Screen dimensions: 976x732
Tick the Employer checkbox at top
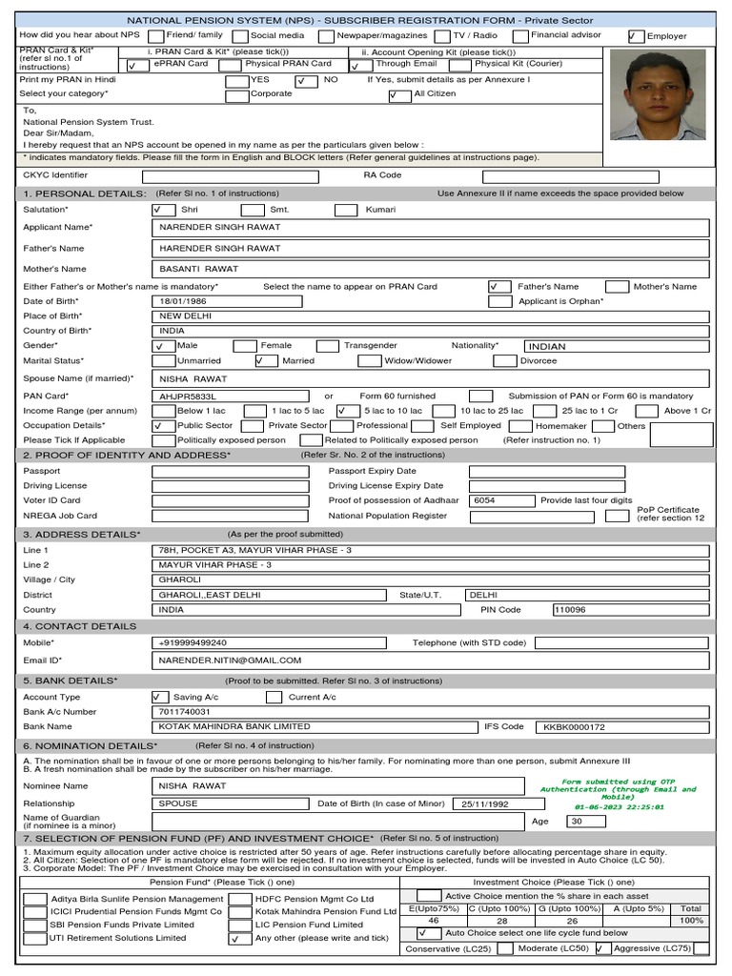(x=636, y=36)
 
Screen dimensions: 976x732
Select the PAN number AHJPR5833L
(x=189, y=395)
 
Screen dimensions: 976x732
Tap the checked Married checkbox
(x=266, y=361)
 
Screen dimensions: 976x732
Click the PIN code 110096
(x=570, y=609)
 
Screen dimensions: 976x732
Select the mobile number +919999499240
(x=194, y=642)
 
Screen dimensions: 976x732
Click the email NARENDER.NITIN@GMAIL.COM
(x=231, y=660)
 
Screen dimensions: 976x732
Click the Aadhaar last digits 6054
(x=484, y=500)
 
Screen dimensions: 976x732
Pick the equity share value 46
(x=434, y=921)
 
